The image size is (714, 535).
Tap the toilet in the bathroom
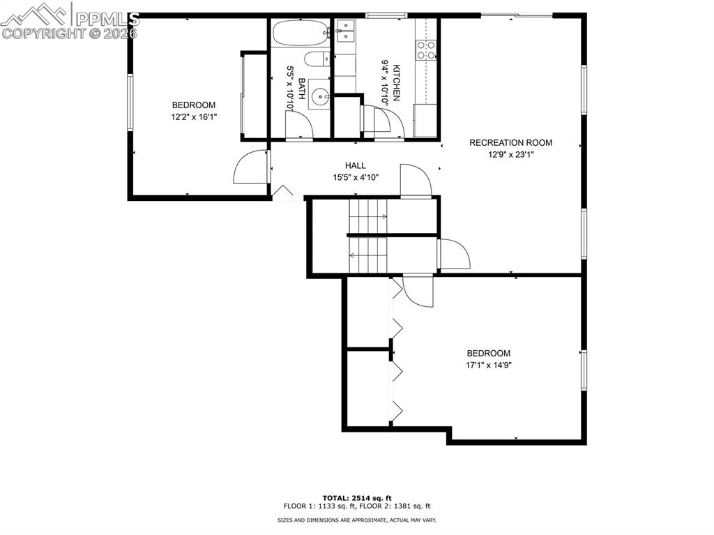click(318, 59)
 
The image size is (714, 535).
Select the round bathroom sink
click(320, 97)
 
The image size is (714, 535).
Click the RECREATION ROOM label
click(510, 143)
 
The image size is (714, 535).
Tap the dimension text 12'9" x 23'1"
click(510, 155)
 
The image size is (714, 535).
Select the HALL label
click(355, 166)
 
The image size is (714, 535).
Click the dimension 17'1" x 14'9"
click(488, 365)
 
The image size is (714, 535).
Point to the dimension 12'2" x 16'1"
click(194, 117)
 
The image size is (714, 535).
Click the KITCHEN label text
click(396, 82)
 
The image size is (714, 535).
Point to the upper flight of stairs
click(367, 216)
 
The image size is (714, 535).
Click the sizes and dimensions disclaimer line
click(356, 520)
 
